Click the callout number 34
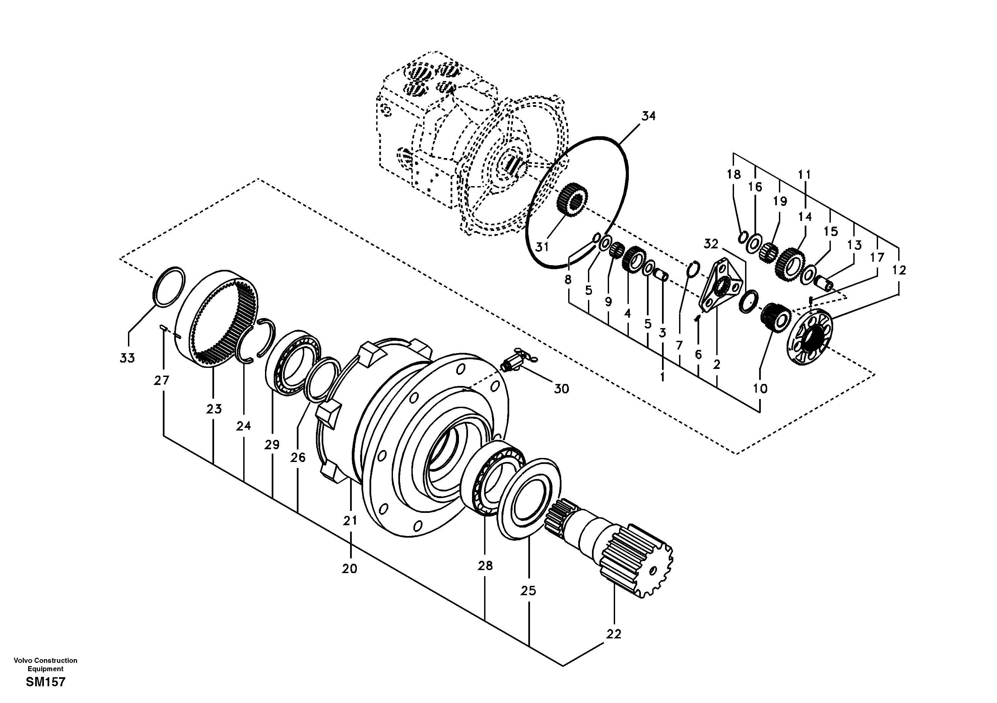tap(648, 116)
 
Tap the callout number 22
tap(614, 634)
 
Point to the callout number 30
tap(561, 389)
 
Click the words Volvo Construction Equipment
tap(45, 665)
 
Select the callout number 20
tap(349, 568)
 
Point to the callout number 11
tap(804, 174)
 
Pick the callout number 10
tap(760, 388)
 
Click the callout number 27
tap(161, 381)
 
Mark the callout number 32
tap(711, 244)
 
